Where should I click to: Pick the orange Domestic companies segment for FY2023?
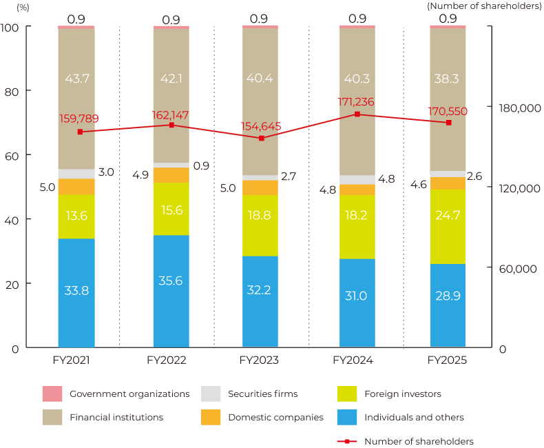260,187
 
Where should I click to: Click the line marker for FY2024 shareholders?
357,114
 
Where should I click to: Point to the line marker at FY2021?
81,132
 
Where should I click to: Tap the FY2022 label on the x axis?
167,360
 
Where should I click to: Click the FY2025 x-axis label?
447,360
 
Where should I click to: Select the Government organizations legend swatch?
52,394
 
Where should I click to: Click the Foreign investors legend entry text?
402,394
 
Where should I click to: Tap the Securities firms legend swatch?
210,394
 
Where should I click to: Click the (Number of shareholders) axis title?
484,6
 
